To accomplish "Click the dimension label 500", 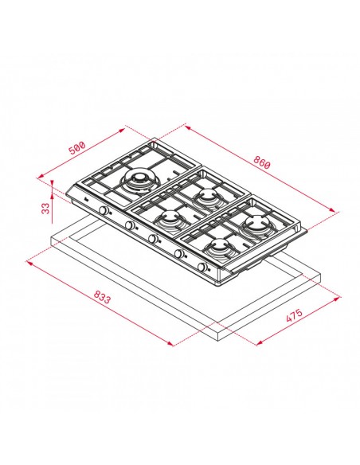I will click(x=76, y=148).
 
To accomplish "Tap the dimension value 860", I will click(x=262, y=163).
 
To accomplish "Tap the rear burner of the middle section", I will click(x=207, y=196).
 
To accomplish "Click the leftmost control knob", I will click(x=103, y=211).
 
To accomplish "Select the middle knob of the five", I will click(x=152, y=239).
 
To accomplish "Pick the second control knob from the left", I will click(x=127, y=225).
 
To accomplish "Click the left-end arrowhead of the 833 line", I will click(x=29, y=259).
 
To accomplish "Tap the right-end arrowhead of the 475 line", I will click(x=340, y=299).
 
